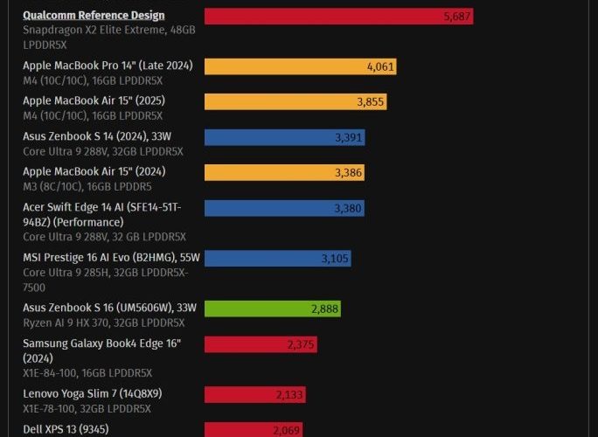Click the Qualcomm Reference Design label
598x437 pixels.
94,16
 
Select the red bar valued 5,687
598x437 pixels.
338,17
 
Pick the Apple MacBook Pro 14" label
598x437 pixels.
108,66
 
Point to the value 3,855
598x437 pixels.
371,101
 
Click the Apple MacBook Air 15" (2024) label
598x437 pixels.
94,171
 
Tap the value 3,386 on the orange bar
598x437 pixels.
348,173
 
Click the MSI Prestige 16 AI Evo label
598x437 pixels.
111,258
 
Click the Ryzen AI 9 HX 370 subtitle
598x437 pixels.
104,323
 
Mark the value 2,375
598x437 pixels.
300,344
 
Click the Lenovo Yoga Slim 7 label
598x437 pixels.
92,394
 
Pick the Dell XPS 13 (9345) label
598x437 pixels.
66,429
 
